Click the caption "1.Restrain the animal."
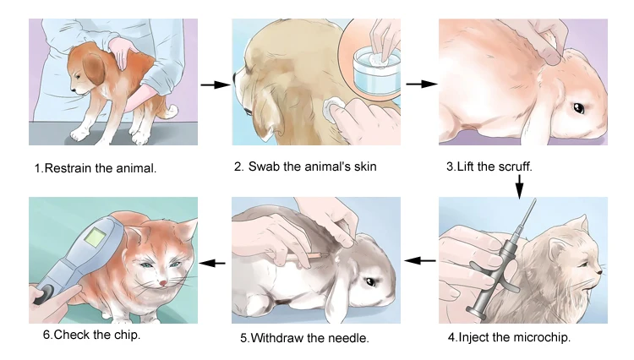[96, 168]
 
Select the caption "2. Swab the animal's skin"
[305, 166]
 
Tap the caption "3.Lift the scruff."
[489, 166]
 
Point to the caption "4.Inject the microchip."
[510, 337]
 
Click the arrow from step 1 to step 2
[216, 85]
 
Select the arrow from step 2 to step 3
[421, 85]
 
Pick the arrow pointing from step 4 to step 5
[421, 262]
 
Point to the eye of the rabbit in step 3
[578, 108]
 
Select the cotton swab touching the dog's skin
[334, 107]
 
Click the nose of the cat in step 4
[600, 273]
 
